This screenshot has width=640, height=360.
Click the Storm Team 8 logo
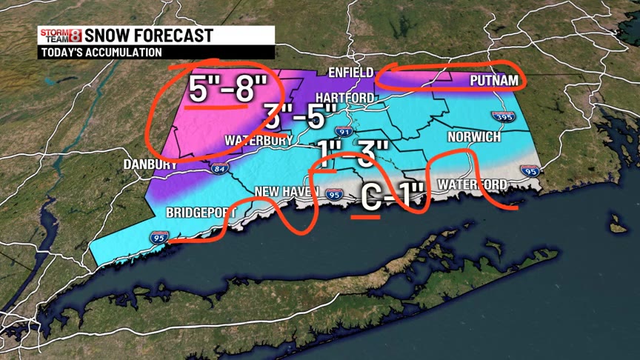(x=60, y=36)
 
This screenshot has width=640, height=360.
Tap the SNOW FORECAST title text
(x=149, y=36)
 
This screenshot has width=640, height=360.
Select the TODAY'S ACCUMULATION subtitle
(x=101, y=53)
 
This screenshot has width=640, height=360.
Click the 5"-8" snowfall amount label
(x=227, y=90)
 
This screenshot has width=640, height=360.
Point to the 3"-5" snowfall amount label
(x=300, y=117)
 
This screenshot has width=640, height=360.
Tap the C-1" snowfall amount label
(x=393, y=197)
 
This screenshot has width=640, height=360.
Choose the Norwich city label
(x=473, y=138)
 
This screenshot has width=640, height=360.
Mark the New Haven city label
(x=286, y=192)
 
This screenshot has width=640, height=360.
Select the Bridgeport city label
(x=200, y=212)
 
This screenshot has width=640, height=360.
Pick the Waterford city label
(x=472, y=184)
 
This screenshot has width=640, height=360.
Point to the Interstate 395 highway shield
(x=501, y=116)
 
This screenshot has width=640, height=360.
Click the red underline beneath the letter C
(x=366, y=217)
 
